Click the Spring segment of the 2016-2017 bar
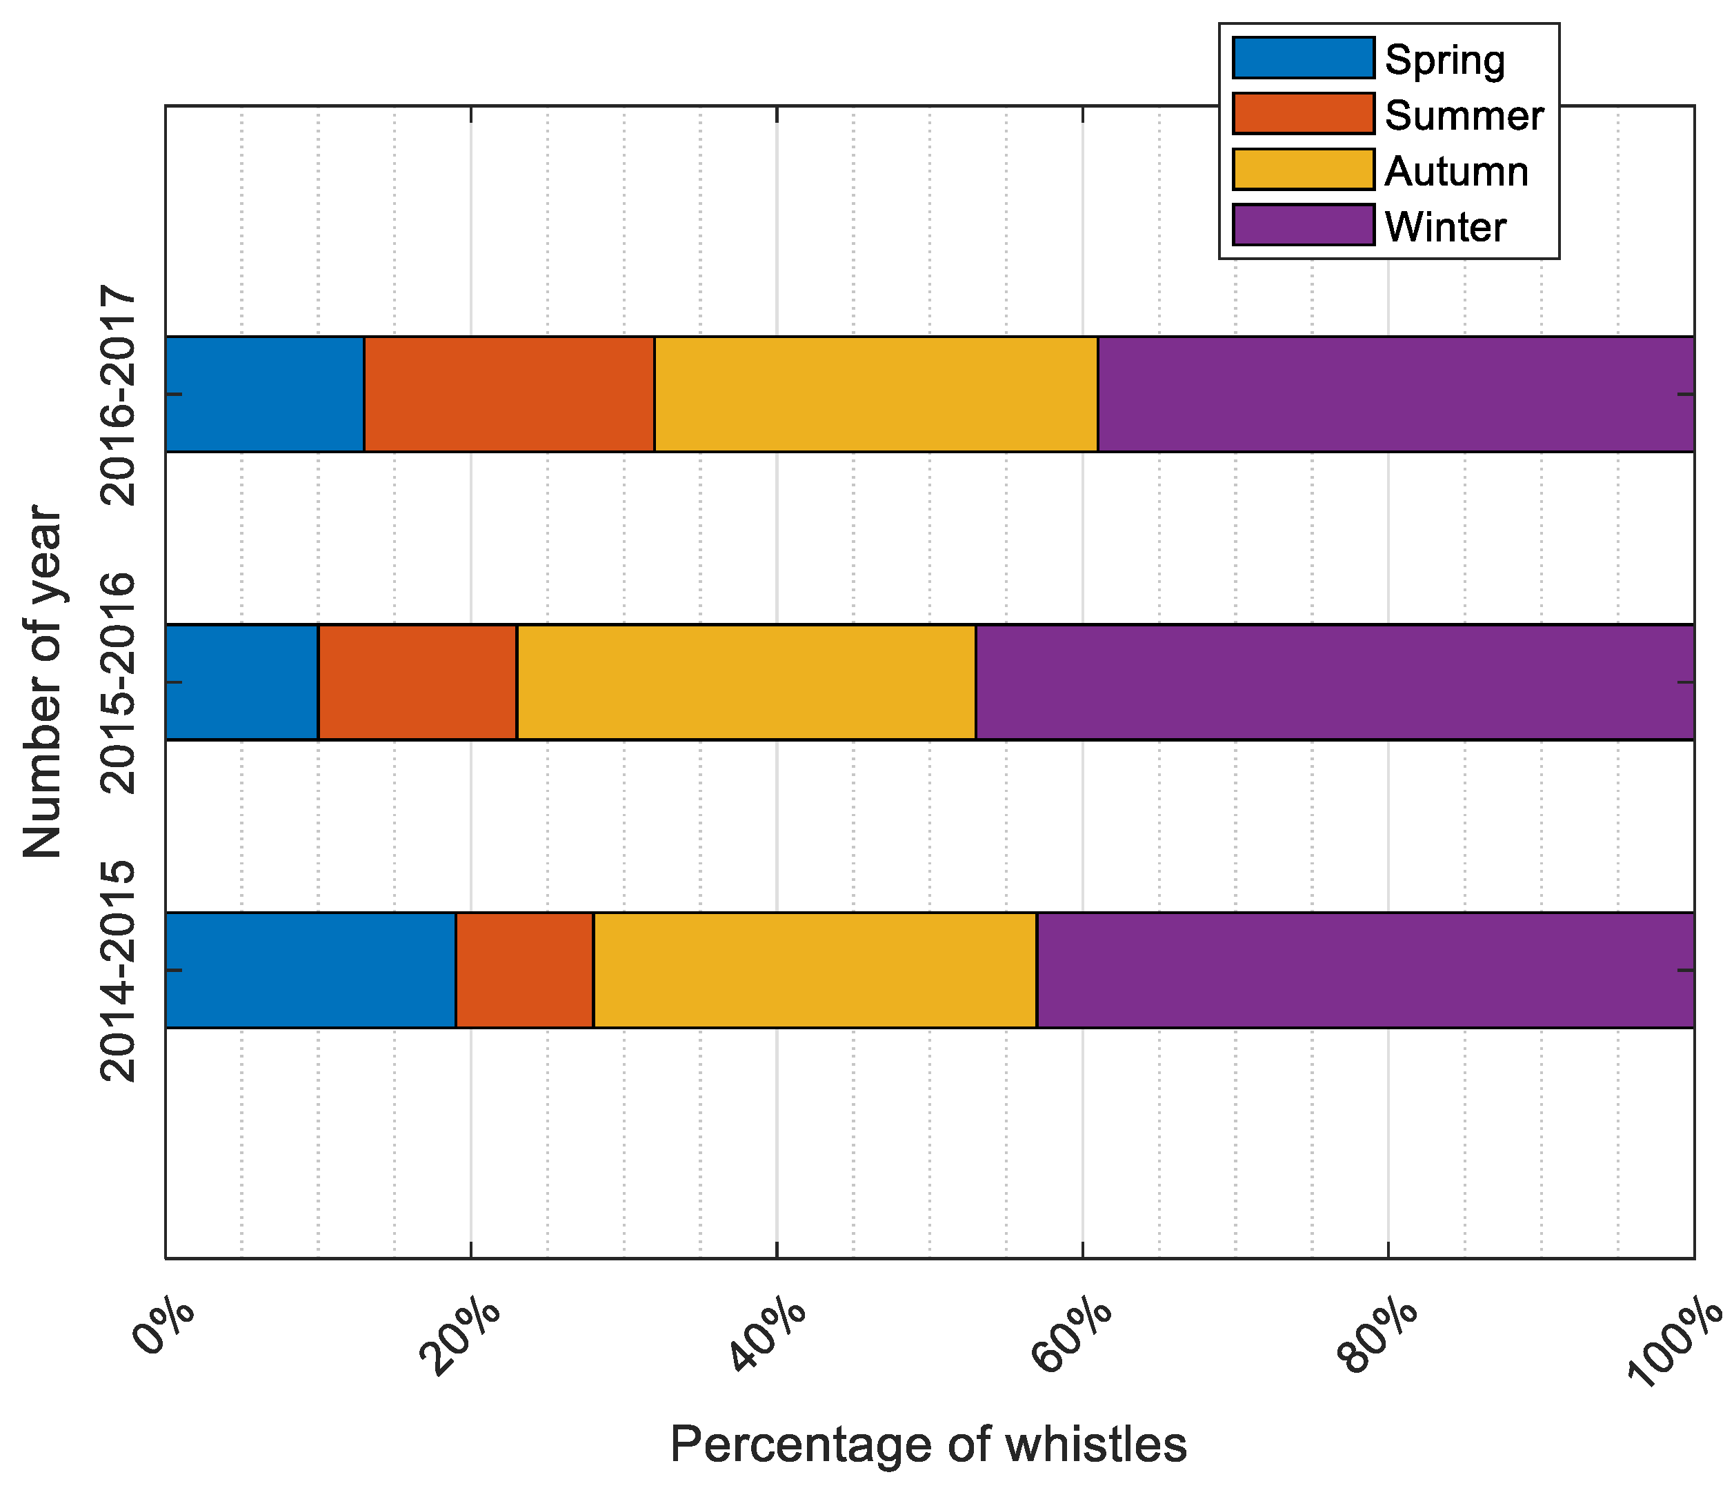click(264, 394)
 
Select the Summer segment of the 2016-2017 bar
click(509, 394)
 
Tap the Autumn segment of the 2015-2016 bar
click(746, 682)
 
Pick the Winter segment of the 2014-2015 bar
click(1365, 970)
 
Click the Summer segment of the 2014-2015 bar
click(525, 970)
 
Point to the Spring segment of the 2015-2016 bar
click(242, 682)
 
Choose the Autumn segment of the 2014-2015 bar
click(815, 970)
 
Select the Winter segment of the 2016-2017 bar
click(1395, 394)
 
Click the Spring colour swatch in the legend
click(1303, 59)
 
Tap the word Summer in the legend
click(1464, 115)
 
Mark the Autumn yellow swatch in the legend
click(1303, 170)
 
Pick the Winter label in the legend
click(1445, 227)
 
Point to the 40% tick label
click(770, 1335)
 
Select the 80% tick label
click(1382, 1335)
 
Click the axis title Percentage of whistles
click(928, 1445)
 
